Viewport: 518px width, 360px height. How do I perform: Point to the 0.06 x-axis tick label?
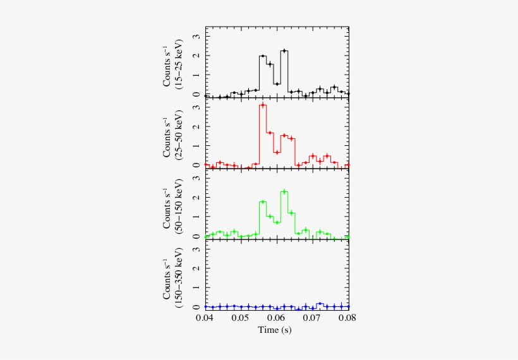click(277, 318)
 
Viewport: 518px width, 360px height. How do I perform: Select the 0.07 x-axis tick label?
click(313, 318)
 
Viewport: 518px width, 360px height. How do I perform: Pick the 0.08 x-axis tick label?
click(347, 318)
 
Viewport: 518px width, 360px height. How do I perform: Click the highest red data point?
click(262, 105)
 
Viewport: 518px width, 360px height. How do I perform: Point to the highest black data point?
click(284, 51)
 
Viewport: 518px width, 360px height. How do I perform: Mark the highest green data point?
click(284, 191)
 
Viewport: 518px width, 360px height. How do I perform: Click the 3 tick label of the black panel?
click(197, 37)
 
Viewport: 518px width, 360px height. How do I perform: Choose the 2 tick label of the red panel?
click(197, 127)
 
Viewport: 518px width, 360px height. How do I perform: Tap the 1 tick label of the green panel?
click(197, 217)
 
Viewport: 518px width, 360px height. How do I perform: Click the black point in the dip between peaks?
click(277, 83)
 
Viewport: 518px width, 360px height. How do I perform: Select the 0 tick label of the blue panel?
click(197, 307)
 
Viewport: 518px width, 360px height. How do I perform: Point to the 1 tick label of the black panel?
click(197, 75)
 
